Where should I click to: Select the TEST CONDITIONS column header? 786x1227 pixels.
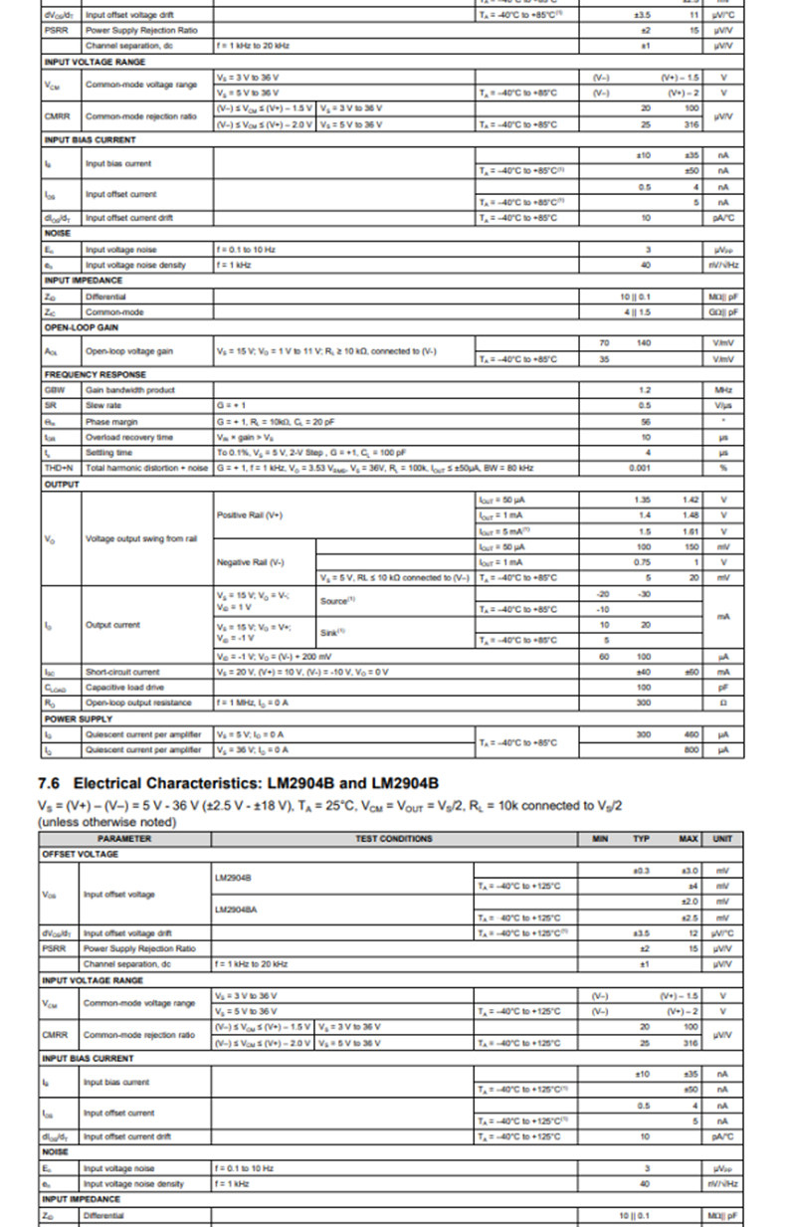coord(394,839)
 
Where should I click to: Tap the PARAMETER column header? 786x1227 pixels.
coord(124,839)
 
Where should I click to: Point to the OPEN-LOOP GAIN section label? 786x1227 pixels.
coord(82,326)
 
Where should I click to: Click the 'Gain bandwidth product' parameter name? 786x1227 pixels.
coord(129,390)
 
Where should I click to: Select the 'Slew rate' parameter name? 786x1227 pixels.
coord(103,405)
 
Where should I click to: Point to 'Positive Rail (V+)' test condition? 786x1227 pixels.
coord(249,514)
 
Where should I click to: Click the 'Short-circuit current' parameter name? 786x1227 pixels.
coord(122,672)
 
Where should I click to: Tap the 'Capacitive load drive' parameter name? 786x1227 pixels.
coord(125,687)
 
